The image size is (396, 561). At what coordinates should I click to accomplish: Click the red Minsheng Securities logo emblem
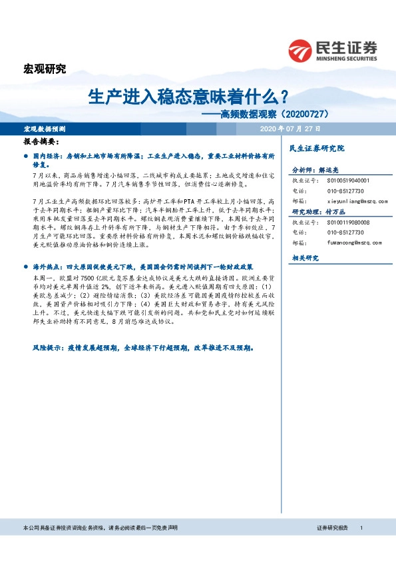[x=299, y=49]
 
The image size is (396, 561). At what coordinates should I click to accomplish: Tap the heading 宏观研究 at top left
[x=45, y=68]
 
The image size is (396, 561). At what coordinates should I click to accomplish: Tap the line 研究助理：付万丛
[x=318, y=212]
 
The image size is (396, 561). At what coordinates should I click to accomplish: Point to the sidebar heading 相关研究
[x=305, y=258]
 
